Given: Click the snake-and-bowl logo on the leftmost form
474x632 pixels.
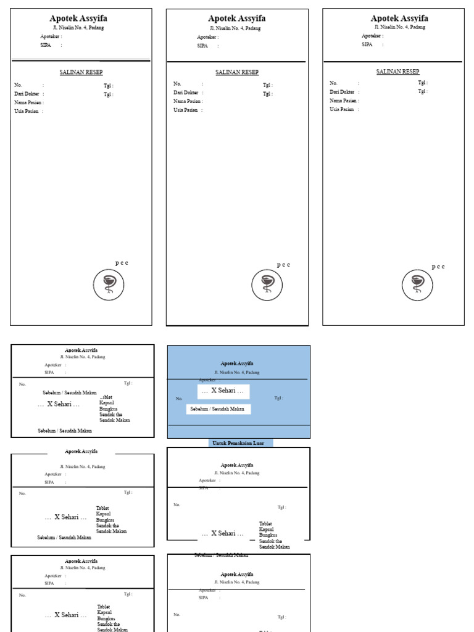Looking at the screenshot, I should (x=109, y=285).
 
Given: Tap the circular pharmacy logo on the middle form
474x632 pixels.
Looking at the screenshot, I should (x=267, y=285).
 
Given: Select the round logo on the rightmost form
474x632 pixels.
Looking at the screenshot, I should (x=418, y=285).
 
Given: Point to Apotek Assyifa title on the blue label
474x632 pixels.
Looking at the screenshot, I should (x=237, y=364).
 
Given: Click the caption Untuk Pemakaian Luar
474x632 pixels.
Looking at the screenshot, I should (x=239, y=443).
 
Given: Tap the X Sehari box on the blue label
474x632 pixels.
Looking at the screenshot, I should (x=223, y=391).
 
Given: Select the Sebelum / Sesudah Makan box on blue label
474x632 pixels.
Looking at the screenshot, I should (x=217, y=409).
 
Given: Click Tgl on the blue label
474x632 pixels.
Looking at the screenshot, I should (x=278, y=398).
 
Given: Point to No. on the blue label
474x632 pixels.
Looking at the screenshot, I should (x=179, y=399).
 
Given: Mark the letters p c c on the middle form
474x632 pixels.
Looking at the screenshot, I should (x=283, y=265).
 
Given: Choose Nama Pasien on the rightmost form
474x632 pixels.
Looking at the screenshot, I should (x=344, y=100).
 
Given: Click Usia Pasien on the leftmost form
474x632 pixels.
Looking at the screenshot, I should (x=27, y=111).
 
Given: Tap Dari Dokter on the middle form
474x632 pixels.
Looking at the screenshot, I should (x=186, y=93).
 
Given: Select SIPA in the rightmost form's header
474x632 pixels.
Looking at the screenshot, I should (x=367, y=44).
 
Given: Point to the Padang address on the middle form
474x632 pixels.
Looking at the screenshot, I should (x=235, y=28).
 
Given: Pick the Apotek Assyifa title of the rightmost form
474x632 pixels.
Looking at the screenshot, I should (x=399, y=19).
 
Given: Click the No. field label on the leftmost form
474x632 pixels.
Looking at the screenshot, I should (x=19, y=85).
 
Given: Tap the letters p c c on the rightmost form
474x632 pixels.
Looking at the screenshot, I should (x=438, y=267).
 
